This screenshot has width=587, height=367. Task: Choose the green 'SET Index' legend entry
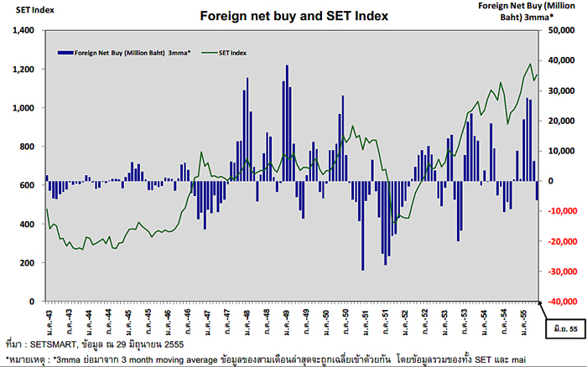pyautogui.click(x=232, y=53)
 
